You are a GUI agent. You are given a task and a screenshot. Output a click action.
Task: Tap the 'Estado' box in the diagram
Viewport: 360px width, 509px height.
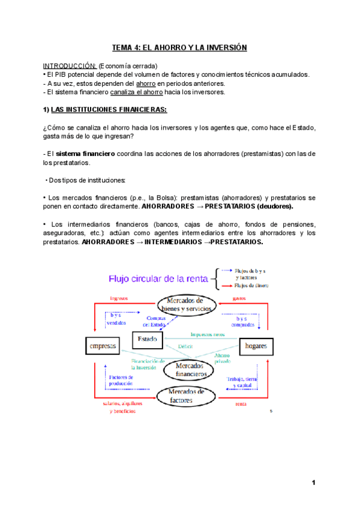click(147, 340)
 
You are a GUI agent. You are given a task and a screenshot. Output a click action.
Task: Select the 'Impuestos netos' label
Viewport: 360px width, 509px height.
click(208, 334)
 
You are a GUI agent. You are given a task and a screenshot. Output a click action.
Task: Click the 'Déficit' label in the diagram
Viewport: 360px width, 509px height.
click(185, 346)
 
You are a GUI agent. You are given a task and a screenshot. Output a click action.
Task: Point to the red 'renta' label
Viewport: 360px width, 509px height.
click(241, 404)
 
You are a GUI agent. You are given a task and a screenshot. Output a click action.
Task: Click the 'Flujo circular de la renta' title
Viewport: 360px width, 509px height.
click(157, 278)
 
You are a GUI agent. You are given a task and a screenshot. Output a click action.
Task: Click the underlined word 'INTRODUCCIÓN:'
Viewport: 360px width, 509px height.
click(70, 65)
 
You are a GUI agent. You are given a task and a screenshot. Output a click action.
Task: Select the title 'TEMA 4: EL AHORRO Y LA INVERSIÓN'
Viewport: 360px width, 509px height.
click(179, 47)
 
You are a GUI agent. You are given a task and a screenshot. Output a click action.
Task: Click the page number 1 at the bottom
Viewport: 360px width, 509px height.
click(313, 483)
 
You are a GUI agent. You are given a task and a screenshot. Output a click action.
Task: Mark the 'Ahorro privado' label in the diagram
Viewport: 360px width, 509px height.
click(222, 358)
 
